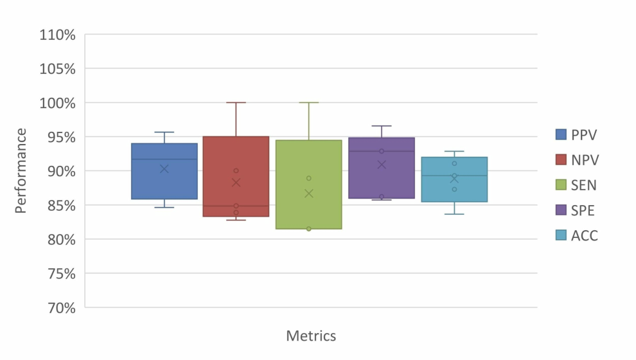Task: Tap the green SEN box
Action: pyautogui.click(x=308, y=206)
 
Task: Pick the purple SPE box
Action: pyautogui.click(x=382, y=177)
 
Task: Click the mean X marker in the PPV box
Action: pyautogui.click(x=164, y=169)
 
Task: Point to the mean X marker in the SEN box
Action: pyautogui.click(x=308, y=194)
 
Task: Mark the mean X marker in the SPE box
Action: pyautogui.click(x=382, y=165)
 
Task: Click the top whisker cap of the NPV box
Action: pyautogui.click(x=236, y=103)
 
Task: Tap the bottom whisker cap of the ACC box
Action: pyautogui.click(x=454, y=214)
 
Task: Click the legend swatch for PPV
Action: pyautogui.click(x=561, y=134)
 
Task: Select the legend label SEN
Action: pyautogui.click(x=583, y=185)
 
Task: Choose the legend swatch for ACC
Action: pyautogui.click(x=561, y=236)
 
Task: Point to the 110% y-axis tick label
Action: pyautogui.click(x=58, y=35)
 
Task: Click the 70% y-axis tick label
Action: pyautogui.click(x=60, y=308)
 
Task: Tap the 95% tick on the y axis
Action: pyautogui.click(x=60, y=137)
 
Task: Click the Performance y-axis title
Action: pyautogui.click(x=21, y=171)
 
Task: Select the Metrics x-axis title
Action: pyautogui.click(x=311, y=336)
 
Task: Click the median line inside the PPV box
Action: pyautogui.click(x=164, y=159)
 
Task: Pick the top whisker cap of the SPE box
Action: pyautogui.click(x=382, y=126)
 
